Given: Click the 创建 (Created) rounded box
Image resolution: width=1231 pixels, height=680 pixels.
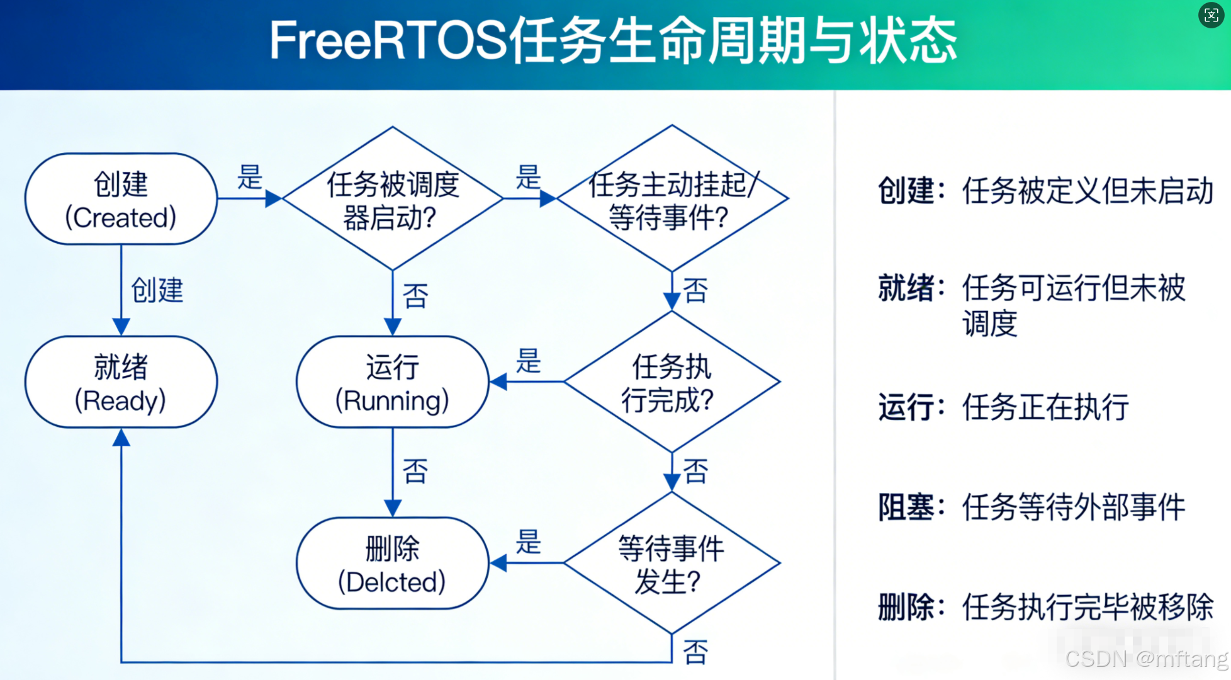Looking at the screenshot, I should click(x=121, y=200).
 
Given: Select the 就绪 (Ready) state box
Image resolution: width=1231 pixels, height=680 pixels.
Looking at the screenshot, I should click(x=121, y=382).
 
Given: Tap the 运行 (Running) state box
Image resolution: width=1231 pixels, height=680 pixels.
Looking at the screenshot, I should click(x=392, y=382).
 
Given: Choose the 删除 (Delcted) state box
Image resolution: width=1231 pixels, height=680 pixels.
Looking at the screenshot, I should click(x=392, y=564).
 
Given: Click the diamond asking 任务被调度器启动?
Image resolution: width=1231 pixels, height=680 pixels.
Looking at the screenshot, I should click(x=392, y=199).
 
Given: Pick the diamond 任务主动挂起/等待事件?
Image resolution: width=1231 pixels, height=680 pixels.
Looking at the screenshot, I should click(x=672, y=199).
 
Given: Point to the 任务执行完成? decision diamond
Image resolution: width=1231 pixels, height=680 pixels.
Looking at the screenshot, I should click(x=672, y=382).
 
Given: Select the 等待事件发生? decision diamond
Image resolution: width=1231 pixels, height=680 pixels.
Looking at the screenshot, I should click(x=672, y=563).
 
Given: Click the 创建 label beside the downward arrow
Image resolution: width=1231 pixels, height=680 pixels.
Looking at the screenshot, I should click(x=157, y=290).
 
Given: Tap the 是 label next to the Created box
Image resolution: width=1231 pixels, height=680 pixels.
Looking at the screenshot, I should click(x=249, y=178).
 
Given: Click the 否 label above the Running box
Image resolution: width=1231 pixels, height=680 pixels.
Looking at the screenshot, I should click(x=415, y=296).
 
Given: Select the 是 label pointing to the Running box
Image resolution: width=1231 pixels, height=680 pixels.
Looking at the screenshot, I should click(x=528, y=361).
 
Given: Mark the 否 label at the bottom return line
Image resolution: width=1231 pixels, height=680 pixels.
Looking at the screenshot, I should click(x=695, y=652).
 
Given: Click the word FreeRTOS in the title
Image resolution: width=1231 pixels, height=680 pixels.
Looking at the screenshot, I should click(x=388, y=41).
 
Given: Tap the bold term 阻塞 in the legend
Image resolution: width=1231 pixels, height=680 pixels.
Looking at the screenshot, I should click(x=906, y=507).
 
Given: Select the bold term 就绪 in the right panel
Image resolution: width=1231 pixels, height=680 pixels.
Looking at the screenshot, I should click(x=906, y=289).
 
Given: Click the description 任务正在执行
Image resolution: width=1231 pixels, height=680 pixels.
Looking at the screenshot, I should click(x=1045, y=407).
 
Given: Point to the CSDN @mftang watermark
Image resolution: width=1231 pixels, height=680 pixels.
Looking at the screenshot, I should click(x=1146, y=659).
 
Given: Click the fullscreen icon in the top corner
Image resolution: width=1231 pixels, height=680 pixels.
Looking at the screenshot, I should click(x=1211, y=15).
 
